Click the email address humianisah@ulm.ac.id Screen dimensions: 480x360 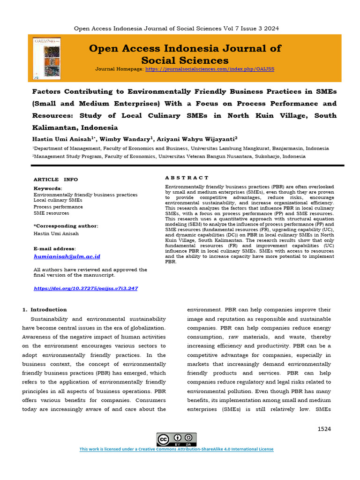pos(67,256)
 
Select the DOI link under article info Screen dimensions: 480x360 pos(86,288)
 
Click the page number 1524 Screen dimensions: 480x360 pos(324,429)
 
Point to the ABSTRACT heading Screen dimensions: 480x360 pos(187,178)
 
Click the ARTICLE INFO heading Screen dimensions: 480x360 pos(56,180)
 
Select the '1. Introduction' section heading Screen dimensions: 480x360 pos(45,309)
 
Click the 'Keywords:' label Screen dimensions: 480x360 pos(48,188)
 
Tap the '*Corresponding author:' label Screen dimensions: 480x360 pos(66,226)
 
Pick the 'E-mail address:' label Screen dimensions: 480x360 pos(54,248)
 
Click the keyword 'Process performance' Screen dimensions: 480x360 pos(58,207)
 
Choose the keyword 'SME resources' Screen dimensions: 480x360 pos(52,213)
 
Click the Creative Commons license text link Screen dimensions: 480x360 pos(176,449)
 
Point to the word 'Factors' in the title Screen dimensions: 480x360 pos(49,91)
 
